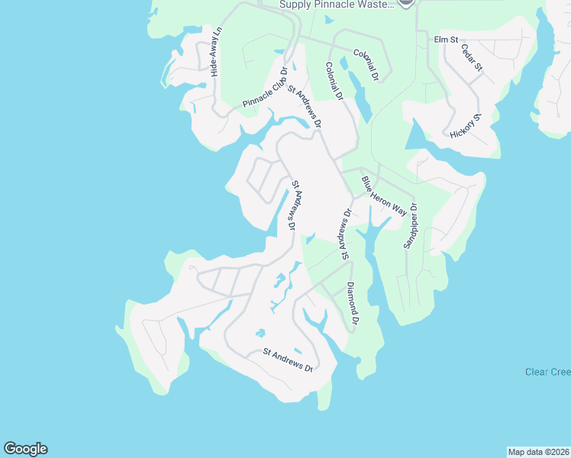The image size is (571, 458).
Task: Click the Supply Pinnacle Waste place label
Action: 337,5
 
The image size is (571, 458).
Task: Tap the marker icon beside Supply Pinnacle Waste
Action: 406,3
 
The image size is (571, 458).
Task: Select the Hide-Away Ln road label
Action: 216,52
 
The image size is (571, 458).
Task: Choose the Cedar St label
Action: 472,57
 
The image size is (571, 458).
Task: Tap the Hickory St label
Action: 466,125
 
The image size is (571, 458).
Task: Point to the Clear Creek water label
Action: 547,372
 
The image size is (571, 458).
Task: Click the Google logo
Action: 25,449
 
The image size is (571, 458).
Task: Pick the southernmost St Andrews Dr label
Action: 288,359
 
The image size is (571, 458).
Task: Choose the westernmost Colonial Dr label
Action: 334,82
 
